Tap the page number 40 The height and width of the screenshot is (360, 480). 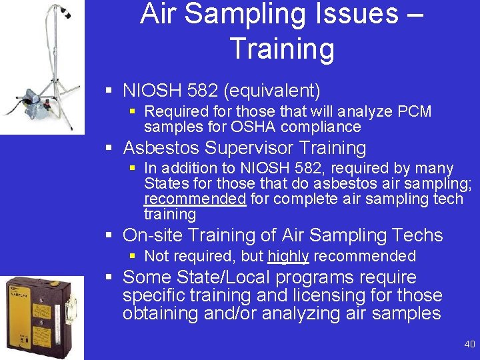pos(469,344)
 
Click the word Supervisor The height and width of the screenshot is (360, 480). pos(249,147)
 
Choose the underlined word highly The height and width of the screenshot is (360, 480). pos(288,256)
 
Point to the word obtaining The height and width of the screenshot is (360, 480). pos(157,313)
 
